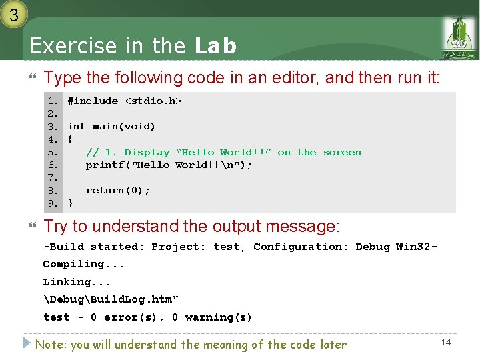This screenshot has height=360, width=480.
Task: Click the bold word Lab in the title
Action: click(215, 46)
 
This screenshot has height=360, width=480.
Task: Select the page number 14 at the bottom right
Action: click(446, 342)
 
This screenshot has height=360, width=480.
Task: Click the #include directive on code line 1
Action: click(93, 101)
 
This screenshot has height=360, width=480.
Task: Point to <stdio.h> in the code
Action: click(153, 101)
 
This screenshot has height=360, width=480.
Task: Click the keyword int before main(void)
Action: click(77, 126)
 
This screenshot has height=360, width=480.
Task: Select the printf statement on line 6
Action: click(169, 165)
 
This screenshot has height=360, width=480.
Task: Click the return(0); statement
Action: click(118, 190)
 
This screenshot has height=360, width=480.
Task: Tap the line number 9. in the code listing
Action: click(53, 203)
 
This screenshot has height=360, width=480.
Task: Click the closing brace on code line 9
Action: click(71, 203)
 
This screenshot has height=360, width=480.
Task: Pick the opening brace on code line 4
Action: click(71, 139)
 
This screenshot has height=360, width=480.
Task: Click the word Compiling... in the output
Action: click(83, 264)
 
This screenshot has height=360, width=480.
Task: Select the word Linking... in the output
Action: click(77, 282)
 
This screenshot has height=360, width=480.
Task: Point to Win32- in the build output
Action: click(417, 247)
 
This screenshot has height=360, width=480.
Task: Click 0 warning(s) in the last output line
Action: click(212, 317)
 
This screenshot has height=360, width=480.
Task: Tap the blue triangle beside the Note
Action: click(27, 343)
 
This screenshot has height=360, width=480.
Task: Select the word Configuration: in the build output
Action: click(301, 247)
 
